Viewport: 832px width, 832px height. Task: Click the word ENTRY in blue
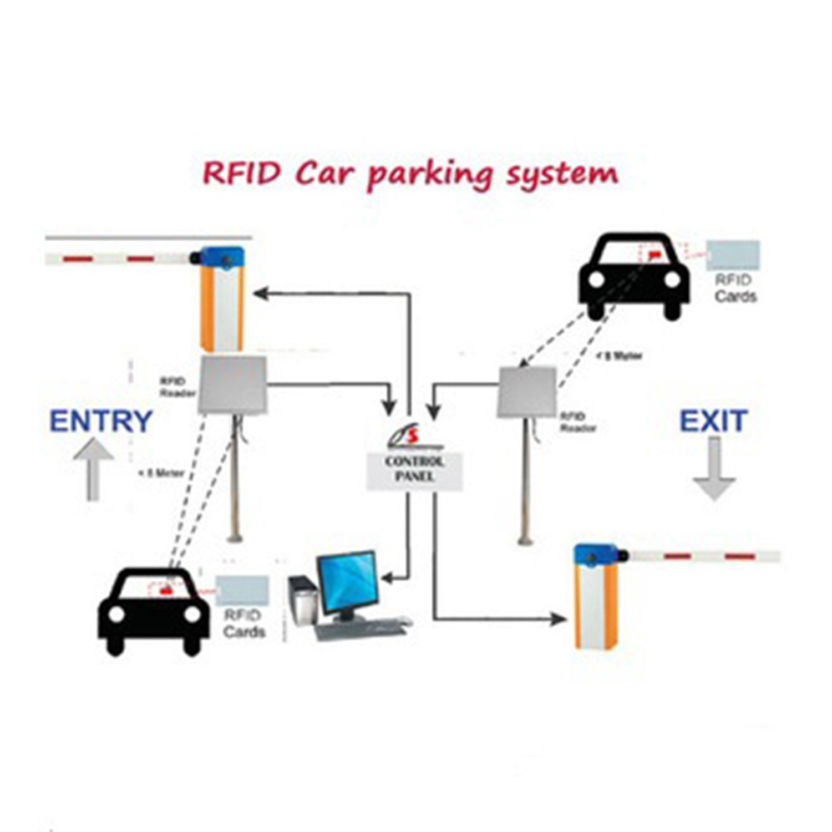[x=101, y=421]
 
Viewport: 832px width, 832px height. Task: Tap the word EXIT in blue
[x=713, y=421]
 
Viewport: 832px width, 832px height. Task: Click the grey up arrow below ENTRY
[x=93, y=469]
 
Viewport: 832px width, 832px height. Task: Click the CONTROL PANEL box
[x=414, y=469]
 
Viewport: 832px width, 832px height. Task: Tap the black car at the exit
[x=633, y=275]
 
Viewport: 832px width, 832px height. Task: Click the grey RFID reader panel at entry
[x=233, y=385]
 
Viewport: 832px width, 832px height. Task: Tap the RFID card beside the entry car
[x=242, y=590]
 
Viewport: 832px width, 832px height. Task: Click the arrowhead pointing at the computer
[x=387, y=579]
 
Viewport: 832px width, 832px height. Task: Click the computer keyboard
[x=361, y=630]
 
